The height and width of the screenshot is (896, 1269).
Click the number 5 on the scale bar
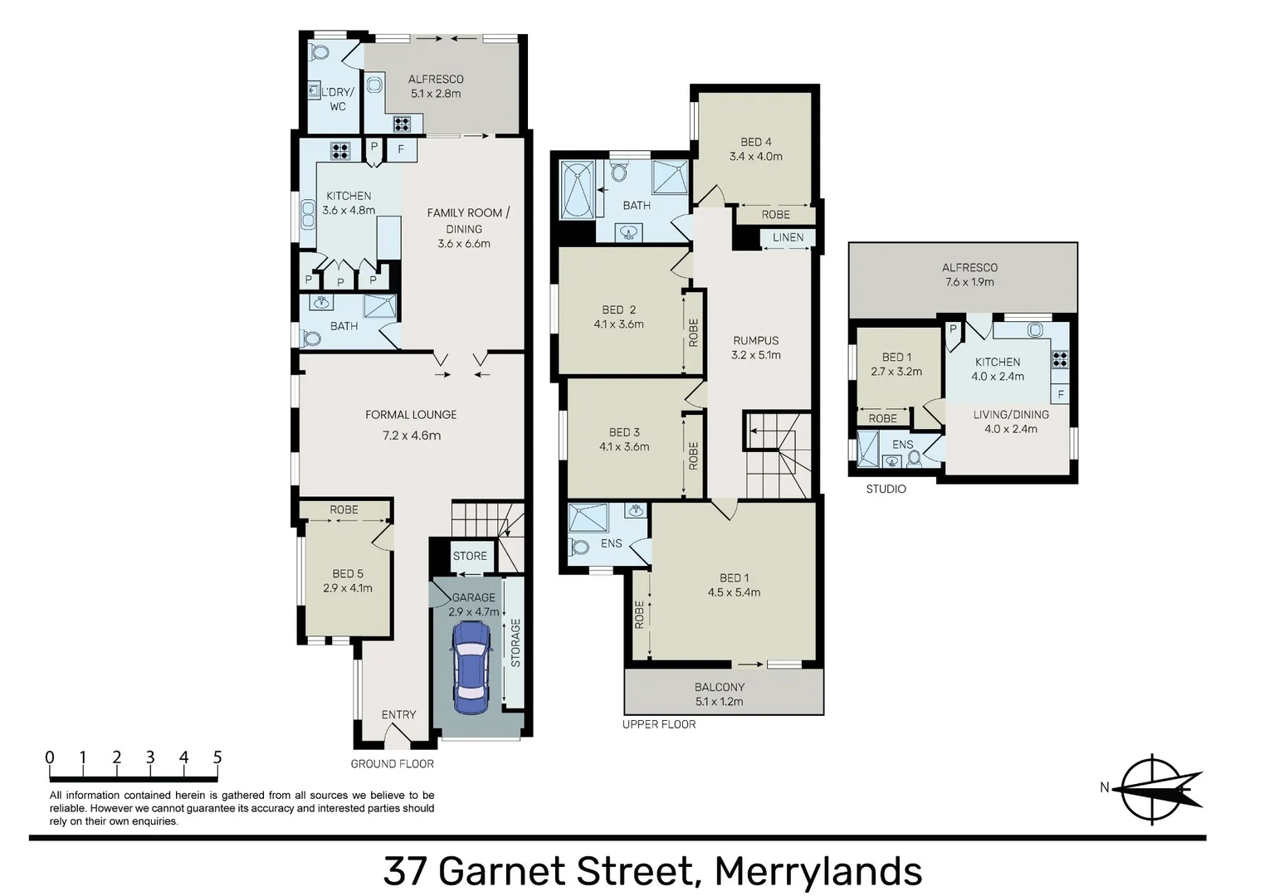217,757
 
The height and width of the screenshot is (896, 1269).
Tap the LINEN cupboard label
788,237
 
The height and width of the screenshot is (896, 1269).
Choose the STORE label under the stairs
470,556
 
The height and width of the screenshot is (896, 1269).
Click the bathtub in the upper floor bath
577,190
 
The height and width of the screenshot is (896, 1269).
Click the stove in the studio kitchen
1060,359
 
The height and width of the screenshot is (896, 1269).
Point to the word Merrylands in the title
818,872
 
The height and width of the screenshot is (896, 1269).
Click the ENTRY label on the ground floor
398,714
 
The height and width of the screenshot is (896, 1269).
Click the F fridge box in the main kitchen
401,149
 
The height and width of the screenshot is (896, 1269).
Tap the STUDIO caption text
886,489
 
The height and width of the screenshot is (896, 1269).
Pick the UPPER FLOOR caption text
659,724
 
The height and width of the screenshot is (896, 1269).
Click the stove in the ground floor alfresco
402,124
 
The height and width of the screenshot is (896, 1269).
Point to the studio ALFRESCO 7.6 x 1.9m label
969,275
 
